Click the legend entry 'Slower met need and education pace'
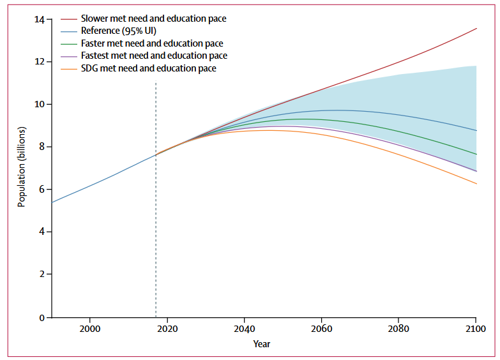point(153,19)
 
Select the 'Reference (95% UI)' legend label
point(119,31)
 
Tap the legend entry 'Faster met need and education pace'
point(152,43)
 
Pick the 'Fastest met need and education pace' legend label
point(154,56)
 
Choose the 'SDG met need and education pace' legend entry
point(148,68)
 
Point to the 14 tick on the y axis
point(40,20)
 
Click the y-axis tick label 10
point(40,105)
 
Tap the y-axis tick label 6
point(42,190)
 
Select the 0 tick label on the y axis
point(42,317)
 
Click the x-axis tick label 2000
point(90,328)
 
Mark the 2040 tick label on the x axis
point(244,328)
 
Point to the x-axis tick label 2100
point(475,328)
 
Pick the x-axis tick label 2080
point(398,328)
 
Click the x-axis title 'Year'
point(261,344)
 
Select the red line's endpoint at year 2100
point(476,28)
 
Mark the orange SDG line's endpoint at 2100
point(476,184)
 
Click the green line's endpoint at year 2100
point(476,154)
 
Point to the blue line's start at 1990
point(52,202)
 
